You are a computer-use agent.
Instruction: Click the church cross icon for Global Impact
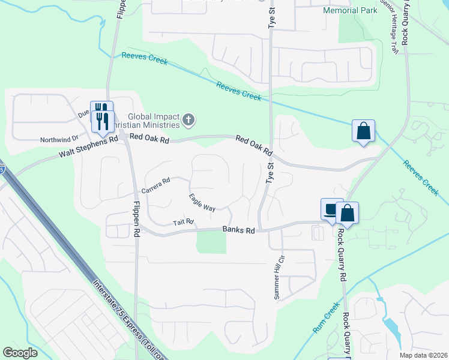pos(188,121)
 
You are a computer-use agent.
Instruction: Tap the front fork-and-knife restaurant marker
pos(102,122)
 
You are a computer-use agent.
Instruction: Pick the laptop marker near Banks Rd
pos(331,209)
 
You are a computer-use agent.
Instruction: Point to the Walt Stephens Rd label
pos(88,148)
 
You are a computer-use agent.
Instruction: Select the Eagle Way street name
pos(202,202)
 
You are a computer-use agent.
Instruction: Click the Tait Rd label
pos(184,223)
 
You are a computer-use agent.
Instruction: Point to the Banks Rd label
pos(239,230)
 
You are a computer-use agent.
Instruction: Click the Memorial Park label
pos(350,11)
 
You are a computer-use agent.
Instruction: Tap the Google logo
pos(20,353)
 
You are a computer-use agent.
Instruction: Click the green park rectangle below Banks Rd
pos(211,242)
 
